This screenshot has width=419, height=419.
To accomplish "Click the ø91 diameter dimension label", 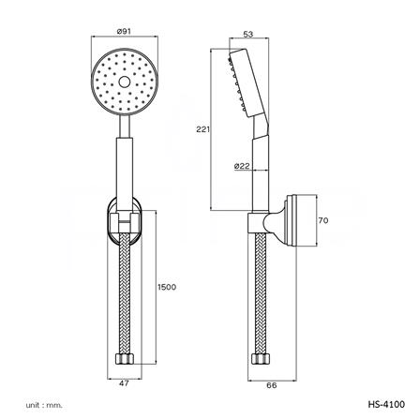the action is coord(124,31).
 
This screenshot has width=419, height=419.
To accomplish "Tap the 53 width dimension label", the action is coord(248,35).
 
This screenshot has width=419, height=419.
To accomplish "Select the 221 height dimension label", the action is coord(203,128).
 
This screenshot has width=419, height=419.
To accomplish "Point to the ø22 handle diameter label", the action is coord(242,166).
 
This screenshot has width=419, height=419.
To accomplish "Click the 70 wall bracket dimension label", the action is coord(323,220).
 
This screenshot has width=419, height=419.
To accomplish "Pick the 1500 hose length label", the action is coord(167,287).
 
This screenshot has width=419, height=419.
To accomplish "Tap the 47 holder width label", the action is coord(124,383).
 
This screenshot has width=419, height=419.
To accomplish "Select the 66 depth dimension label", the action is coord(272,385).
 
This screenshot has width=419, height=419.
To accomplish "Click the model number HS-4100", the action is coord(386,404).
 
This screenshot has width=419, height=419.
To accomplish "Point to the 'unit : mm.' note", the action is coord(44,405).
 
